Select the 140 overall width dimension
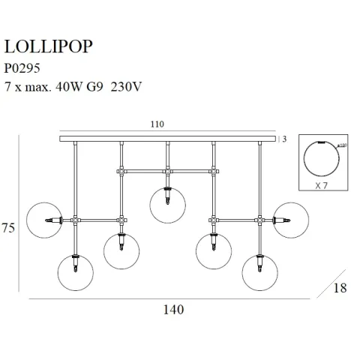[x=170, y=308]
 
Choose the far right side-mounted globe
[x=291, y=220]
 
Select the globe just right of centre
[x=214, y=250]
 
